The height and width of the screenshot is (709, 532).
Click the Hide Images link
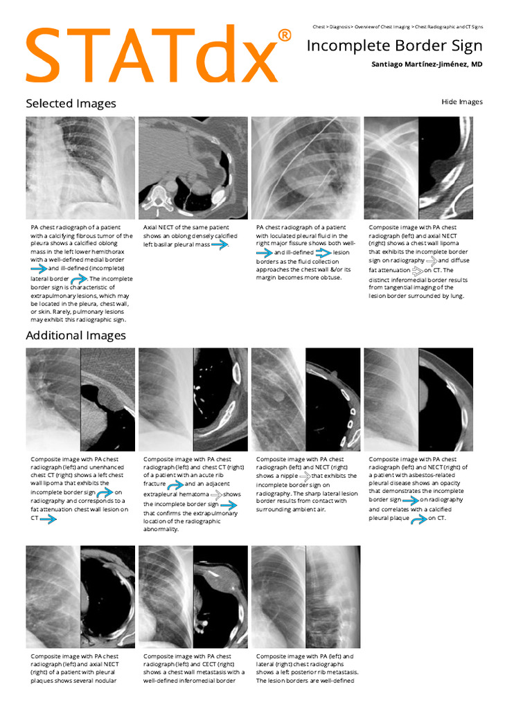[461, 102]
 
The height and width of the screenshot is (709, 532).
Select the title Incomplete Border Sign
[394, 46]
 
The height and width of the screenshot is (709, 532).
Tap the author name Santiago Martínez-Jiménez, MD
[427, 64]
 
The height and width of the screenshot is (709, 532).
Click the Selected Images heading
[71, 103]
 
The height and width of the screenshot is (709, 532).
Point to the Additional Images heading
[76, 335]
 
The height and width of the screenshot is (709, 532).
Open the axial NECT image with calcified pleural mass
[193, 168]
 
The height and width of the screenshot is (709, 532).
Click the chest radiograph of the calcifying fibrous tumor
[80, 168]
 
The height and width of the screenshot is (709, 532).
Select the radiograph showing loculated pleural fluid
[305, 168]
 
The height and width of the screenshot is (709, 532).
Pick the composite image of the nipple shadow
[305, 400]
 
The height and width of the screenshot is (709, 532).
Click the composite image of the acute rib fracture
[193, 400]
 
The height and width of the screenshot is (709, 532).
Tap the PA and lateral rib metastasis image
[305, 597]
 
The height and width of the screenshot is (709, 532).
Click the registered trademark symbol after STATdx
[284, 35]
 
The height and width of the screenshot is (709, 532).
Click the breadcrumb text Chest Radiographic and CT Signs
[449, 26]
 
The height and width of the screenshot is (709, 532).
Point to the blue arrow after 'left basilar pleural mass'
[220, 244]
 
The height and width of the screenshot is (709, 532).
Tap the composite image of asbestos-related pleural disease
[418, 400]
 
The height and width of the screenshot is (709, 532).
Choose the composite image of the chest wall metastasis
[193, 597]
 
